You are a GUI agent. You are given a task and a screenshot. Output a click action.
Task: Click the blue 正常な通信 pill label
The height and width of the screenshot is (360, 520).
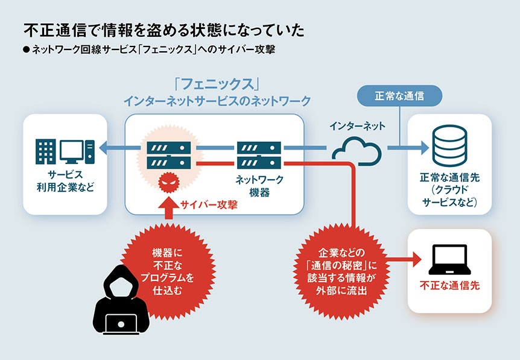pos(399,96)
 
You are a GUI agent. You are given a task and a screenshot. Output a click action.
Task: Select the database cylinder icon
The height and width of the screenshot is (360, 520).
pos(449,145)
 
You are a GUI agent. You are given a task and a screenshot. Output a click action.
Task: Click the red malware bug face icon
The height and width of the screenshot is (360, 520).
pos(169,183)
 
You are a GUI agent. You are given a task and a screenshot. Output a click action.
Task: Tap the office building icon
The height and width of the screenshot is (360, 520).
pos(45,152)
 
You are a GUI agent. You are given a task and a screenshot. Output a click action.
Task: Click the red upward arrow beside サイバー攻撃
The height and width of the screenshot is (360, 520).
pos(168,207)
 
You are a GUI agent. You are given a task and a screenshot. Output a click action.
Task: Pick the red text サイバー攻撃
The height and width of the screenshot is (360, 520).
pos(209,204)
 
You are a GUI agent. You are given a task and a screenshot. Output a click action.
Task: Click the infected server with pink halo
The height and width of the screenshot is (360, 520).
pos(169,155)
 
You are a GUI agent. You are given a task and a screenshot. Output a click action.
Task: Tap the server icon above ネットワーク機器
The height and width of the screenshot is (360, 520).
pos(259,155)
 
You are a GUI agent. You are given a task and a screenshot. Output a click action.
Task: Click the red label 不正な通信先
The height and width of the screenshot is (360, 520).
pos(449,285)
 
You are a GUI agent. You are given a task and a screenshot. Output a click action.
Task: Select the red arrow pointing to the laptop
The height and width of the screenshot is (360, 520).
pos(403,259)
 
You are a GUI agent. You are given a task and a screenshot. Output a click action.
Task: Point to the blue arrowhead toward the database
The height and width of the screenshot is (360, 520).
pos(425,148)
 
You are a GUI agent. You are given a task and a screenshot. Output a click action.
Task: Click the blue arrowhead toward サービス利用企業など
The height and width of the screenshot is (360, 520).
pos(103,148)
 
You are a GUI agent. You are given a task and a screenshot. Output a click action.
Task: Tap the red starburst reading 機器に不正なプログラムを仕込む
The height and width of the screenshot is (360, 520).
pos(168,271)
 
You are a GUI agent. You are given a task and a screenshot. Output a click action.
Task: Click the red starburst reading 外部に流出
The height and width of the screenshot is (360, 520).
pos(341,271)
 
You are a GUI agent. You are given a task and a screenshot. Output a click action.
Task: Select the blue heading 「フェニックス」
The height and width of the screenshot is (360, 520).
pos(217,84)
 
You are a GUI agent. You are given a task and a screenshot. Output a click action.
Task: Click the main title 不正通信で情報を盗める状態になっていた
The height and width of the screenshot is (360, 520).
pos(164,30)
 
